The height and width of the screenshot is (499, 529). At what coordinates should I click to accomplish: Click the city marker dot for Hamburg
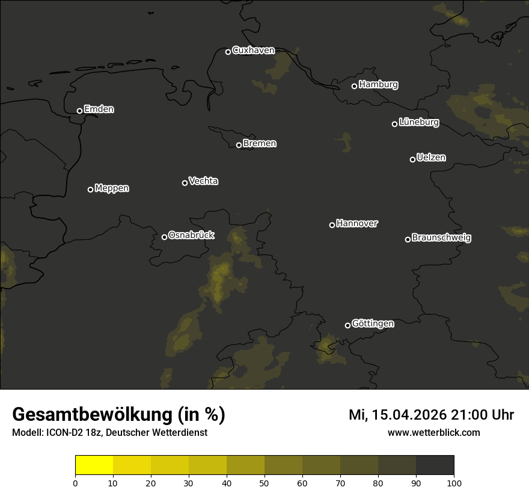(x=354, y=86)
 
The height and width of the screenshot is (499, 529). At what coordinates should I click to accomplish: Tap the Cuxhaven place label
(x=253, y=51)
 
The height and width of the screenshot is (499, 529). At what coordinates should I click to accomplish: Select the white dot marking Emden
(x=79, y=111)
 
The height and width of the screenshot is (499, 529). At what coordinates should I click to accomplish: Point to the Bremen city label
(x=260, y=144)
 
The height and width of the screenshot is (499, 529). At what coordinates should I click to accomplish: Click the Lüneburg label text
(x=419, y=123)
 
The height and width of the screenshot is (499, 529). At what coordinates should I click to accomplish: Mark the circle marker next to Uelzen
(x=412, y=159)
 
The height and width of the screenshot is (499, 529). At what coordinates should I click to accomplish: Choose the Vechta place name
(x=203, y=181)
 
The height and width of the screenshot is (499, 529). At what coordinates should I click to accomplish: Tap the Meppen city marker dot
(x=90, y=189)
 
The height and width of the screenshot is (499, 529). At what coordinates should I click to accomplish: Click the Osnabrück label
(x=191, y=235)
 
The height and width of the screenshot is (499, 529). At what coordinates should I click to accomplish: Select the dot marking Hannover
(x=332, y=225)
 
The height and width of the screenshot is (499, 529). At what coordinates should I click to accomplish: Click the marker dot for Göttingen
(x=347, y=325)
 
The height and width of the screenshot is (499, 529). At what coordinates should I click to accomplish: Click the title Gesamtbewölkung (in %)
(x=118, y=415)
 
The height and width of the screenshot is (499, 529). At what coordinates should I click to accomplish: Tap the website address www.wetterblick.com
(x=433, y=432)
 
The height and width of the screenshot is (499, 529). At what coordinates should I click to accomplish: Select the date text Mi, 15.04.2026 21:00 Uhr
(x=431, y=415)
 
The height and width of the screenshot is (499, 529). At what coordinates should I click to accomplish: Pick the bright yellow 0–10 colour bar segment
(x=94, y=465)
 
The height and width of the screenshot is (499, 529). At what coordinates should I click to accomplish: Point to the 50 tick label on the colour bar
(x=264, y=482)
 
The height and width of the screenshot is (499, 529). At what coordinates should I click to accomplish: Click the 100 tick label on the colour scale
(x=454, y=482)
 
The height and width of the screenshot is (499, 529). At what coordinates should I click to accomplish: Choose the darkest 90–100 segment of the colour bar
(x=435, y=465)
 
